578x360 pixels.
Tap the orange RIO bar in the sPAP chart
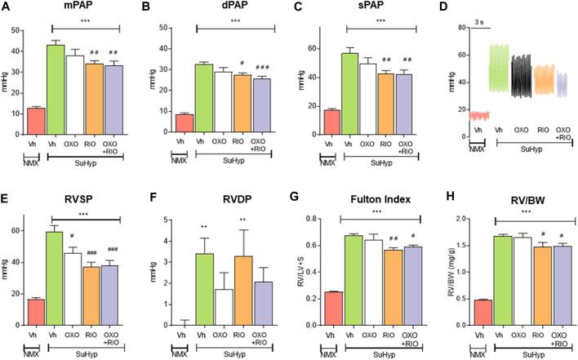click(x=385, y=102)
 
